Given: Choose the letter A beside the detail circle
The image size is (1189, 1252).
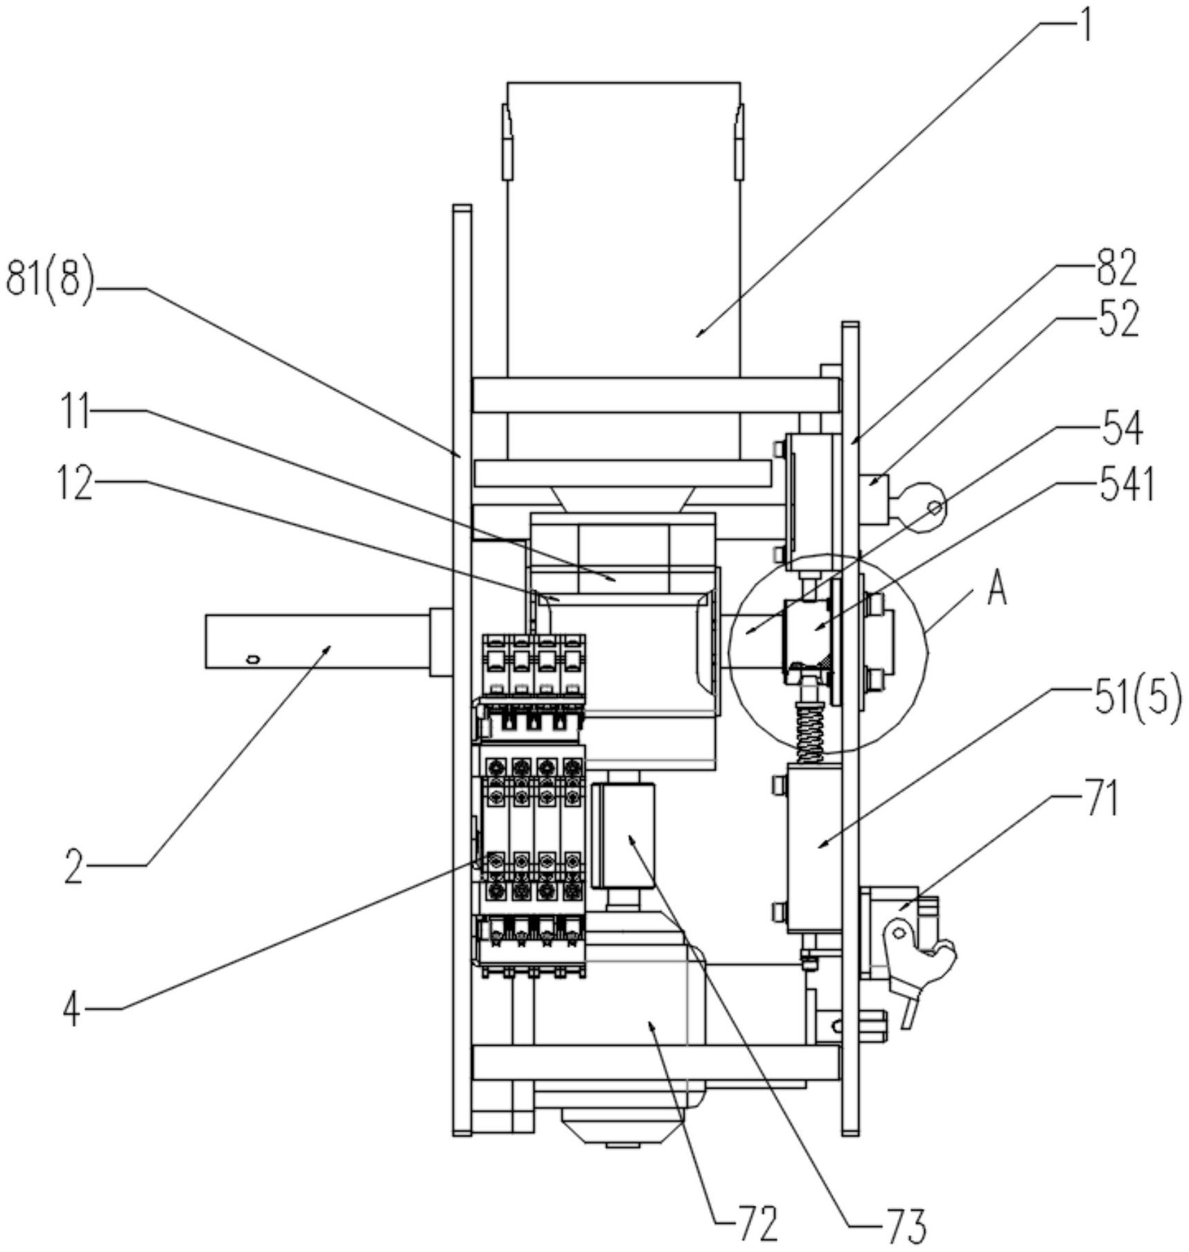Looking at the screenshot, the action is [x=996, y=590].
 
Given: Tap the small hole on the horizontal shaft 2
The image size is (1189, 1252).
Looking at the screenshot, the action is [x=254, y=659].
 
